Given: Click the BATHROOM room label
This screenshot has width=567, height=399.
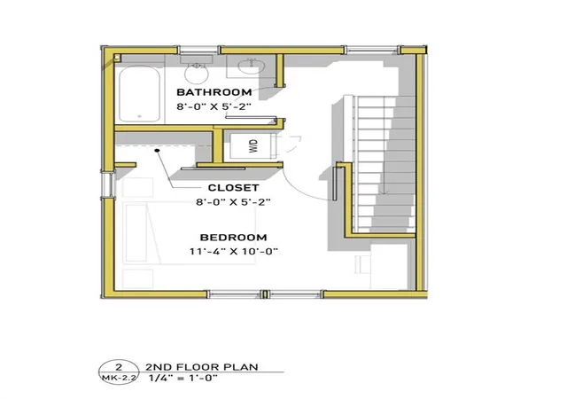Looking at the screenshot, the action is pos(214,92).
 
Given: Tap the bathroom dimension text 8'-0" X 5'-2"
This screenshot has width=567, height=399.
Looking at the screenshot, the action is pos(214,106).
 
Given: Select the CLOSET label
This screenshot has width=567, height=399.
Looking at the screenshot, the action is pos(234,188).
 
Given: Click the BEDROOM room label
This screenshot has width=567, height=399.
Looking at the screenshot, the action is pos(234,238).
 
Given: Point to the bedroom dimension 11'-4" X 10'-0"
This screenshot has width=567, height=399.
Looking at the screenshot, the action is pos(234,251).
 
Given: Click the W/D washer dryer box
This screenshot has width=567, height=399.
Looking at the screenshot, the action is pos(252,146).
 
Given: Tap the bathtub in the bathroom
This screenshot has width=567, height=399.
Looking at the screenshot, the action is pos(140,93).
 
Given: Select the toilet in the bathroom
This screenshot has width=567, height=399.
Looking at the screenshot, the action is pos(197,69).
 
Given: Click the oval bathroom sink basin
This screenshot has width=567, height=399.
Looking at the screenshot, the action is pos(252,66).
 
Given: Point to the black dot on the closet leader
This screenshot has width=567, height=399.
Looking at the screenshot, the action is pos(158,150).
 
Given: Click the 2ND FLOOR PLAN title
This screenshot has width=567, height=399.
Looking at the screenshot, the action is pos(202,367).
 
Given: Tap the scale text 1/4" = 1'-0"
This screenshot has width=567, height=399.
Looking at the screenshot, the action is pos(183,379).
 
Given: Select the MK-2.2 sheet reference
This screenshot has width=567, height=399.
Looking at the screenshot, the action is pos(119,378).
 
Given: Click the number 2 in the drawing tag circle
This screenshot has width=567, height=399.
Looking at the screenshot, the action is pos(118,366).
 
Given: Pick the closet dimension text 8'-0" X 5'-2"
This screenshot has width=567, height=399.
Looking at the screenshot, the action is pos(234,201).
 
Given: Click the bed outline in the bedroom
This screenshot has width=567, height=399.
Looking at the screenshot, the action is pos(190,233).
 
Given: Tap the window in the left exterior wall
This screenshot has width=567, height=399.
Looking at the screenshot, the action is pos(107,184).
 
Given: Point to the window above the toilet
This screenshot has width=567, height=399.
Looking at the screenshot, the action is pos(199,50).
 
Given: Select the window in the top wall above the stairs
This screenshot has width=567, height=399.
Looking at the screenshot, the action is pos(372,50).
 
